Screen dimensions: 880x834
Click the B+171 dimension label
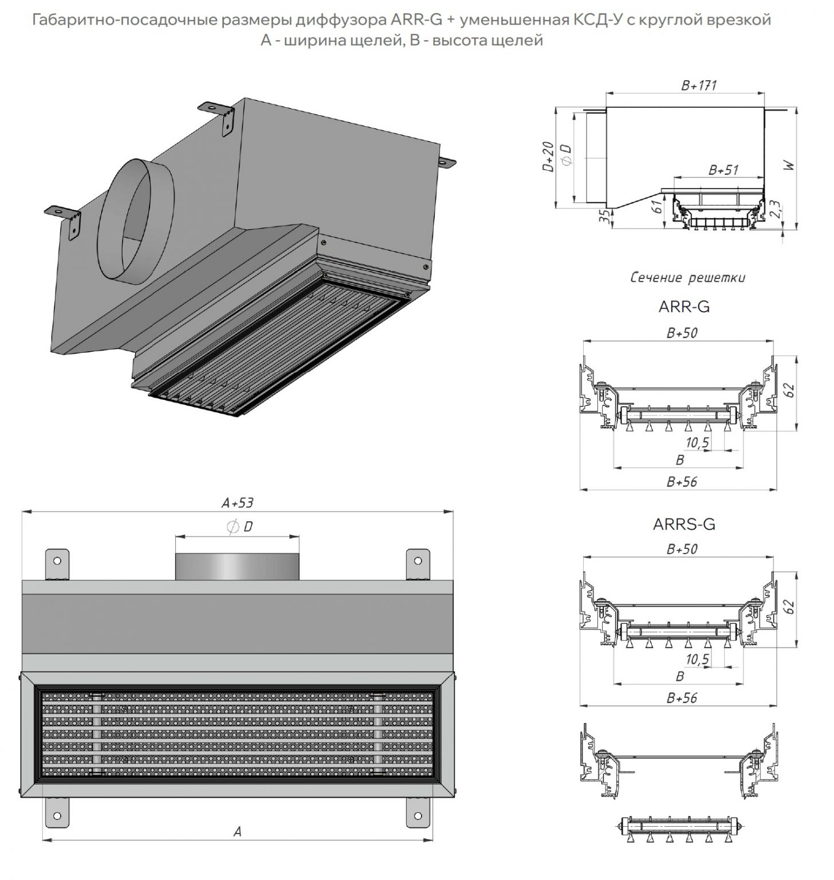pyautogui.click(x=699, y=86)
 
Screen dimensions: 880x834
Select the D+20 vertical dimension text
pyautogui.click(x=548, y=157)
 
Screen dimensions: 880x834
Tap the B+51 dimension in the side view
pyautogui.click(x=723, y=170)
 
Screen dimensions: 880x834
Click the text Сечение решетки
pyautogui.click(x=687, y=278)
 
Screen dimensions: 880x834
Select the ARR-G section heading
pyautogui.click(x=684, y=307)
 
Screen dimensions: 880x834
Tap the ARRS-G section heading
pyautogui.click(x=684, y=524)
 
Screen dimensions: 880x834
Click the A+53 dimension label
pyautogui.click(x=237, y=503)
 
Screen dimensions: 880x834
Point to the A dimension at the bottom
pyautogui.click(x=237, y=831)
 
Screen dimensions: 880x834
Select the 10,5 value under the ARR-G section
pyautogui.click(x=697, y=443)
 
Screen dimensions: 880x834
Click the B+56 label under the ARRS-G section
pyautogui.click(x=682, y=698)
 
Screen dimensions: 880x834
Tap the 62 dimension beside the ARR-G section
pyautogui.click(x=790, y=390)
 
